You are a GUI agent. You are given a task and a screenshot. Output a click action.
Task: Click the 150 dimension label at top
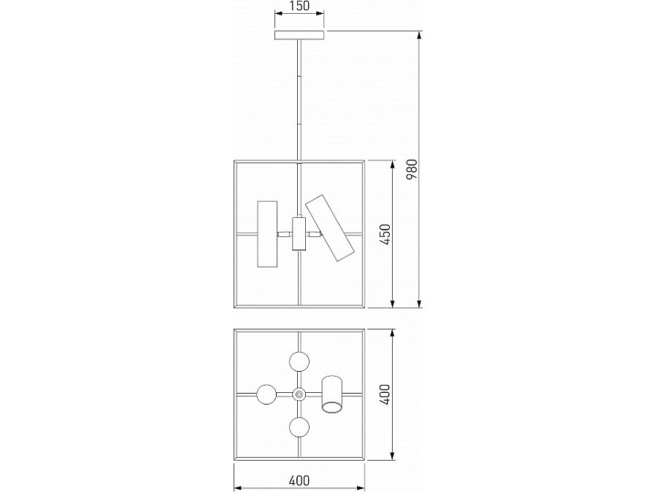click(299, 6)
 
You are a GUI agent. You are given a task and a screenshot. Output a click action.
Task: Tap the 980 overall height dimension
click(412, 169)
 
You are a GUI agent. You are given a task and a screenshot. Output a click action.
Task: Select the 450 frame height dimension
click(385, 234)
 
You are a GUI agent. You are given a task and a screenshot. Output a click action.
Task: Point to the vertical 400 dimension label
click(385, 394)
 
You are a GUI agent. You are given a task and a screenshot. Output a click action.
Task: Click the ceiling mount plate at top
click(299, 35)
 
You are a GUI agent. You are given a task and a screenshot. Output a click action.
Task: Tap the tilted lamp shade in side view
click(330, 227)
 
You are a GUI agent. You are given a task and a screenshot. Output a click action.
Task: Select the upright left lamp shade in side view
click(267, 234)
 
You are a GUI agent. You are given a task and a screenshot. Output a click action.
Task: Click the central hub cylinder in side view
click(299, 233)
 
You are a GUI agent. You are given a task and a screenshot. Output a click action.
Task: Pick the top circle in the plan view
click(299, 362)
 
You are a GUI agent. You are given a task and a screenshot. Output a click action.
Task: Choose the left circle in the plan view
click(266, 394)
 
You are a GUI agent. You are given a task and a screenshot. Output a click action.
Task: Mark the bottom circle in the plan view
click(299, 427)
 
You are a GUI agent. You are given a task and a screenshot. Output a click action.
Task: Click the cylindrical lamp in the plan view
click(332, 394)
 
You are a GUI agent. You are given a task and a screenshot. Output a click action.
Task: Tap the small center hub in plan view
click(299, 394)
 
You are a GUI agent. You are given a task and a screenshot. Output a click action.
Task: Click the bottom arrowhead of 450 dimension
click(393, 303)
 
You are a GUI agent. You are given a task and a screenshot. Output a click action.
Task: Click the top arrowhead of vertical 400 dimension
click(393, 335)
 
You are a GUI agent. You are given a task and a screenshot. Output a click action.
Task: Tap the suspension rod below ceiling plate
click(299, 101)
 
